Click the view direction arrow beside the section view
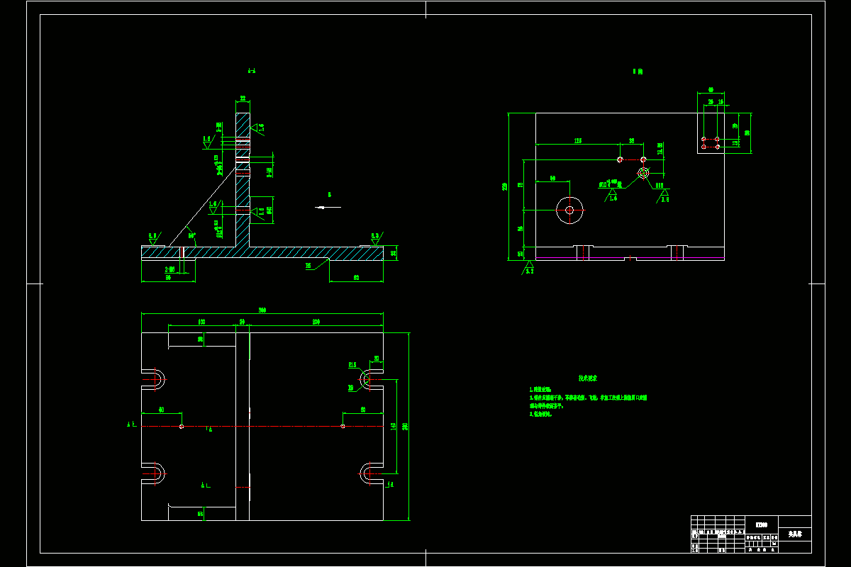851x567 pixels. (x=328, y=207)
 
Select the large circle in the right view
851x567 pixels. (x=569, y=210)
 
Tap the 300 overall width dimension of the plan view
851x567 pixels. (x=262, y=310)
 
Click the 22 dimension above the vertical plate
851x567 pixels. (x=243, y=99)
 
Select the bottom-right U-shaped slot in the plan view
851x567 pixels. (x=370, y=473)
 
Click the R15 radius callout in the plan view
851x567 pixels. (x=352, y=365)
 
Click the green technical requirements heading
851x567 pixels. (x=588, y=378)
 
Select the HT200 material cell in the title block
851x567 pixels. (x=761, y=524)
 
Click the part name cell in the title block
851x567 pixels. (x=795, y=534)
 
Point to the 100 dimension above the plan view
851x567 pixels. (x=201, y=322)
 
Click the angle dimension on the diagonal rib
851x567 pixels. (x=191, y=235)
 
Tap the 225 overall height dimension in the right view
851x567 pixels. (x=505, y=186)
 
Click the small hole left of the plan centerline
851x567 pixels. (x=182, y=427)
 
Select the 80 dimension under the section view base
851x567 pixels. (x=356, y=277)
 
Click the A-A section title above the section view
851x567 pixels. (x=251, y=71)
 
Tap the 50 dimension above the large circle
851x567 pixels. (x=553, y=179)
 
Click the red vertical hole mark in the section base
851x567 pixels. (x=182, y=252)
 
